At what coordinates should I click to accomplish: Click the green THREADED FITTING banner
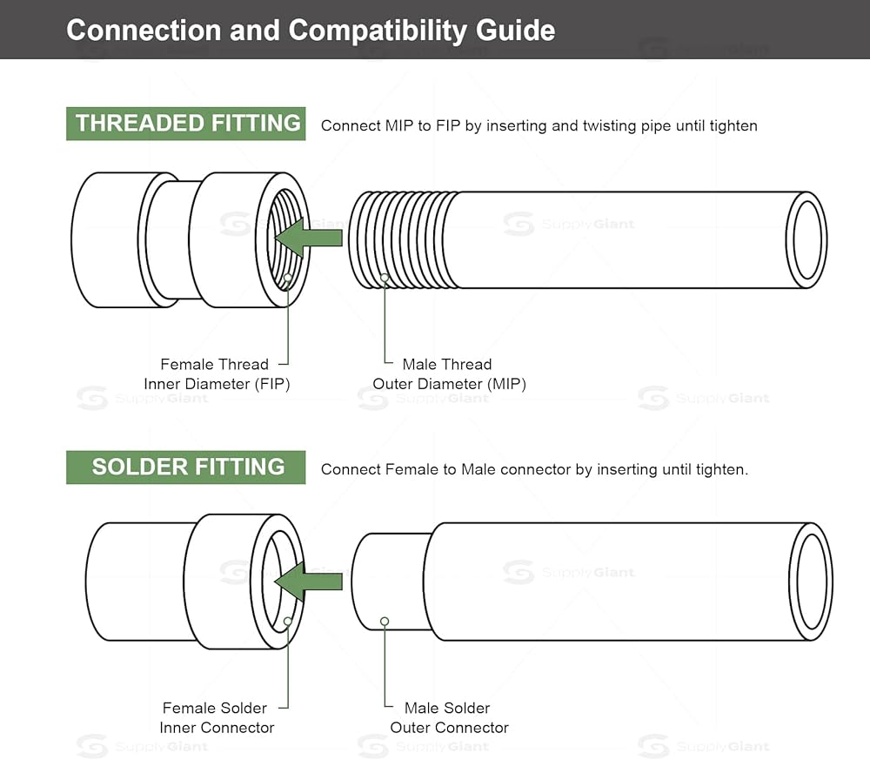click(x=186, y=124)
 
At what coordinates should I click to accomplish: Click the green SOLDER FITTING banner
click(x=186, y=467)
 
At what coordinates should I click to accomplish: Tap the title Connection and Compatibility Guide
click(x=311, y=30)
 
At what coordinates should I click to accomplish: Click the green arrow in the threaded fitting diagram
click(x=309, y=238)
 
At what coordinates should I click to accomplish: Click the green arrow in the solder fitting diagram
click(x=309, y=582)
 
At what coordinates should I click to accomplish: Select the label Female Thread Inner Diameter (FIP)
click(x=217, y=374)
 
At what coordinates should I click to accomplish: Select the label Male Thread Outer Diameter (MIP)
click(x=450, y=374)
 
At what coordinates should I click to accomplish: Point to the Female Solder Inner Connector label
click(x=217, y=718)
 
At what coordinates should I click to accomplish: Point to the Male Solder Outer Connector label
click(x=450, y=718)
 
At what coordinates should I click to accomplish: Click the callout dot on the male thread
click(x=385, y=277)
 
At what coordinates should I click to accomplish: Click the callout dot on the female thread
click(x=288, y=277)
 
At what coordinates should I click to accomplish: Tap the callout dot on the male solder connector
click(x=385, y=622)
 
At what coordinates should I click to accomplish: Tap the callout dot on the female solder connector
click(x=288, y=622)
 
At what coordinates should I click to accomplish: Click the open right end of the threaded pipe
click(x=806, y=239)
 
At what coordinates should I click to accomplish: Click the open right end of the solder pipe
click(x=811, y=582)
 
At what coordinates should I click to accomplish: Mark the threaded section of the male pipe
click(x=404, y=239)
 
